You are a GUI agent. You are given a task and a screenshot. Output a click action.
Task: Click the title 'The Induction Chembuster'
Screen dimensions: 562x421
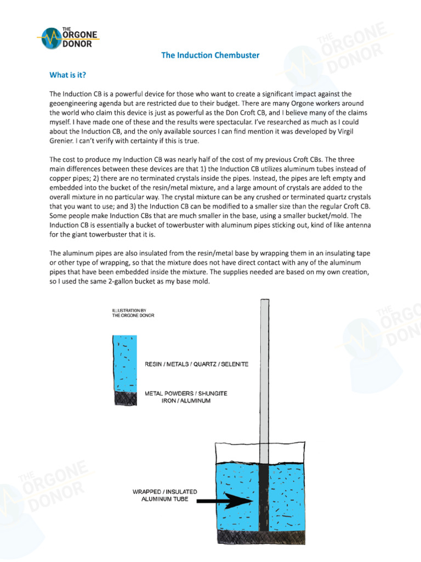tap(210, 55)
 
